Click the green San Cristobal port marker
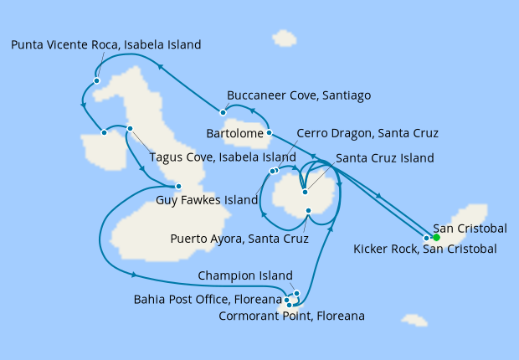[x=436, y=237]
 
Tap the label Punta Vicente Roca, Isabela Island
[x=106, y=45]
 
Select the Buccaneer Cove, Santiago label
[x=300, y=95]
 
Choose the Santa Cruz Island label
[x=384, y=158]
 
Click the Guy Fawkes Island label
[x=207, y=200]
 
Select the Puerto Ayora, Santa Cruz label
[x=239, y=239]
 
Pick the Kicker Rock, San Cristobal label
[x=425, y=249]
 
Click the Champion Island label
[x=245, y=275]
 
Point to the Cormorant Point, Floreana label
[x=290, y=316]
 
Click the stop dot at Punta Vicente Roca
[x=97, y=81]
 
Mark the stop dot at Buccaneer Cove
[x=223, y=112]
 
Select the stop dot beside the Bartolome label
[x=269, y=132]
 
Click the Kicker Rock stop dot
[x=427, y=238]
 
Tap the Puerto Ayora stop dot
[x=309, y=210]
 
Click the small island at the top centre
[x=285, y=39]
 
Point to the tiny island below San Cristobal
[x=414, y=320]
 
